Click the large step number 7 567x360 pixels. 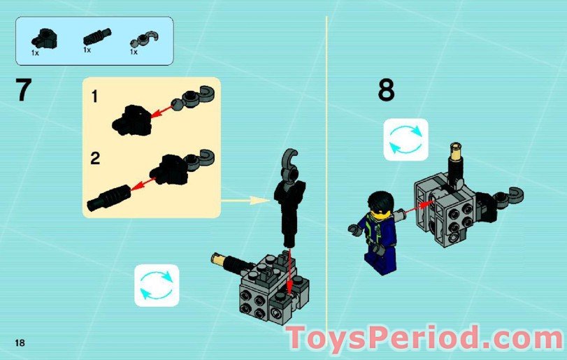click(24, 90)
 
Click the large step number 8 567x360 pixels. click(386, 91)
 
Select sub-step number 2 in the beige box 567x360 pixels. click(95, 157)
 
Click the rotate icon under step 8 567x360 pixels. click(405, 139)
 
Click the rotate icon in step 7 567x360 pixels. click(157, 285)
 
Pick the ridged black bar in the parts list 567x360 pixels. click(94, 38)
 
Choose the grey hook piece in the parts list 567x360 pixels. click(143, 38)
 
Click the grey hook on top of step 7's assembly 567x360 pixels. click(292, 161)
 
